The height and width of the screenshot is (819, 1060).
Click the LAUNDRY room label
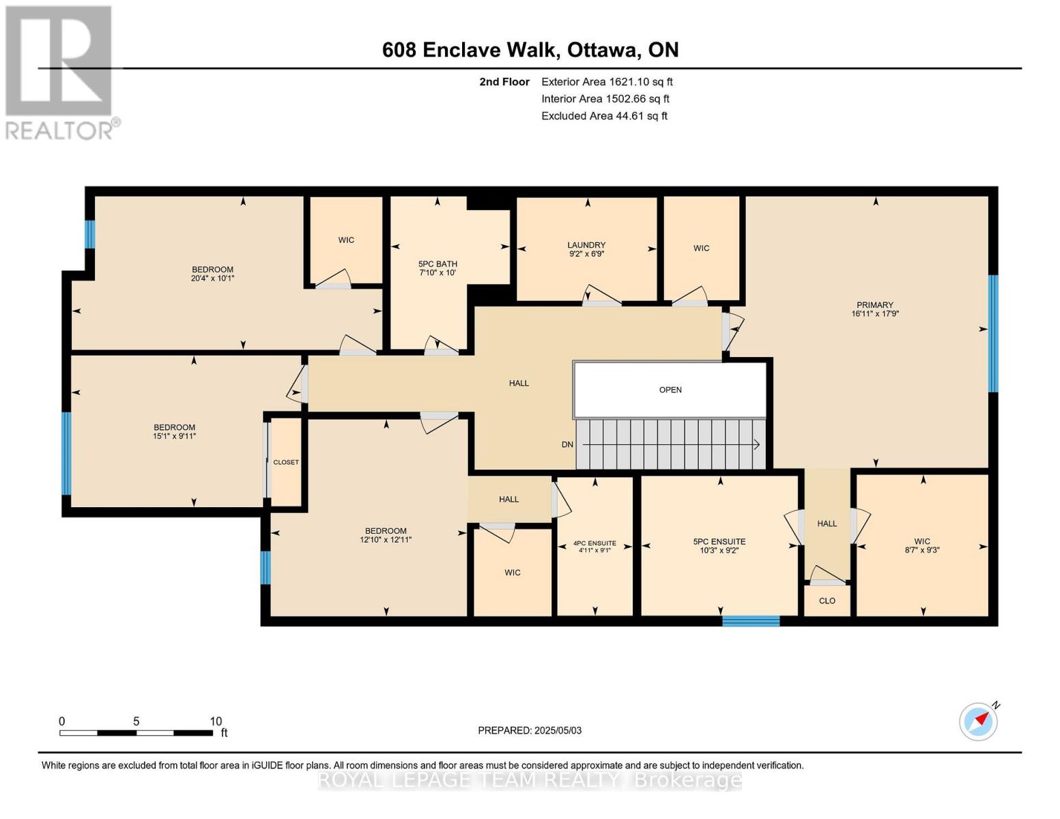[586, 245]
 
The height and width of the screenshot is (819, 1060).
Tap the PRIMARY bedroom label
[875, 305]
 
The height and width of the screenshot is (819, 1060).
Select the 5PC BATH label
[438, 264]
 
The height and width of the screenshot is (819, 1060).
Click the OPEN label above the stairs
[670, 390]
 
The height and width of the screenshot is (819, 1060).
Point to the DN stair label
[567, 444]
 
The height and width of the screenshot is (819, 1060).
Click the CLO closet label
[827, 601]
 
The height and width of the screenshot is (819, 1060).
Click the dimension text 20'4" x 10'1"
[213, 278]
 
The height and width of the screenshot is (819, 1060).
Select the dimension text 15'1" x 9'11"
[175, 436]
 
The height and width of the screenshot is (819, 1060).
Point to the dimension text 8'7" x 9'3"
[922, 549]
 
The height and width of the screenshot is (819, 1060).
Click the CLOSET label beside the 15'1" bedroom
[286, 462]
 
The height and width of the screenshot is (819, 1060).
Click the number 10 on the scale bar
[216, 721]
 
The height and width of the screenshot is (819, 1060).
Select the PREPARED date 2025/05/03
[530, 730]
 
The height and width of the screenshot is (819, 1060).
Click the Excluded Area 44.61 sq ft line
[604, 116]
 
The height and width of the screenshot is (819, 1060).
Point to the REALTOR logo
[60, 72]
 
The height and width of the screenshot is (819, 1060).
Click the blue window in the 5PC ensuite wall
[751, 620]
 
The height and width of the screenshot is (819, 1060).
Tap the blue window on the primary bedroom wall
[993, 333]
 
